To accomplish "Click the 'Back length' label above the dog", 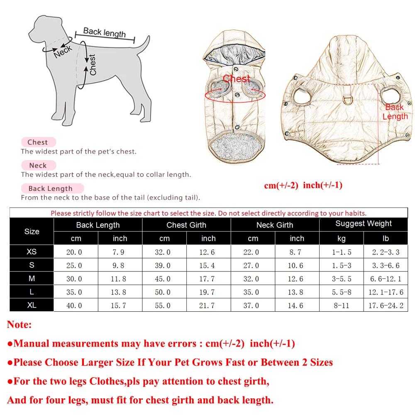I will (104, 32).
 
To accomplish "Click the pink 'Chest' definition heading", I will (38, 142).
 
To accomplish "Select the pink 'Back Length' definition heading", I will (50, 188).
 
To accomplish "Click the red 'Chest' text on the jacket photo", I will (237, 78).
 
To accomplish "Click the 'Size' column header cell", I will (32, 232).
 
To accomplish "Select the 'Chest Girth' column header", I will (186, 225).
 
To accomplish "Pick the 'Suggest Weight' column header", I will (364, 224).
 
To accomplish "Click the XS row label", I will (32, 252).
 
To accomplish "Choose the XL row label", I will (32, 305).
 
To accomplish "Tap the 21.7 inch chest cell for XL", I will (208, 305).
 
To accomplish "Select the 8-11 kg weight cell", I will (341, 305).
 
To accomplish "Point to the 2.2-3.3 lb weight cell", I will (386, 252).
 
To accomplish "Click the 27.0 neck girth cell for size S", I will (253, 266).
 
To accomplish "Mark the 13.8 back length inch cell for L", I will (120, 292).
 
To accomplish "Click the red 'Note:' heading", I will (19, 325).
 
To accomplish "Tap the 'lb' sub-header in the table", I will (386, 239).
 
